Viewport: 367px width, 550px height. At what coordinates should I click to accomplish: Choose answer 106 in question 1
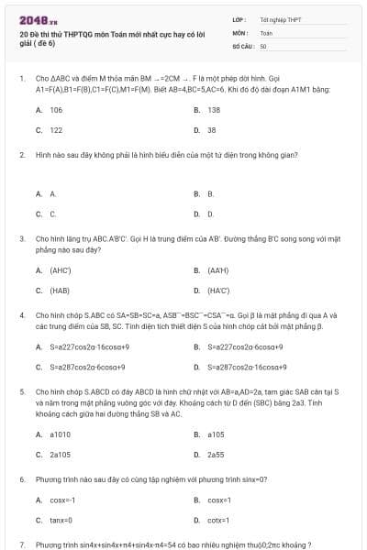[56, 109]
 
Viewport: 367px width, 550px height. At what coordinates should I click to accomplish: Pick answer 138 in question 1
[214, 109]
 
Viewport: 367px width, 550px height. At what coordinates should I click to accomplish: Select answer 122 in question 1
[56, 130]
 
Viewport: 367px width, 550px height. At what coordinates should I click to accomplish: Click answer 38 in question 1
[211, 130]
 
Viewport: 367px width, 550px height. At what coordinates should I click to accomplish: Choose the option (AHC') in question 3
[61, 270]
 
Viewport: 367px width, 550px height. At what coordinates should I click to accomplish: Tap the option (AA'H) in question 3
[217, 270]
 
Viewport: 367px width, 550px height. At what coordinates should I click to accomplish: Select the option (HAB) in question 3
[59, 291]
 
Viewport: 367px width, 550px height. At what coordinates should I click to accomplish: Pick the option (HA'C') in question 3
[218, 291]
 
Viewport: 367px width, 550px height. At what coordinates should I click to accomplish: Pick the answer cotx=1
[217, 521]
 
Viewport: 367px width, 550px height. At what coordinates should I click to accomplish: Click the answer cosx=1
[217, 500]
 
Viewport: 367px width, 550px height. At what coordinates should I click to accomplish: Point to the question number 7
[21, 544]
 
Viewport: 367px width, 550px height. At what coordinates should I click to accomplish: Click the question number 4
[21, 314]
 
